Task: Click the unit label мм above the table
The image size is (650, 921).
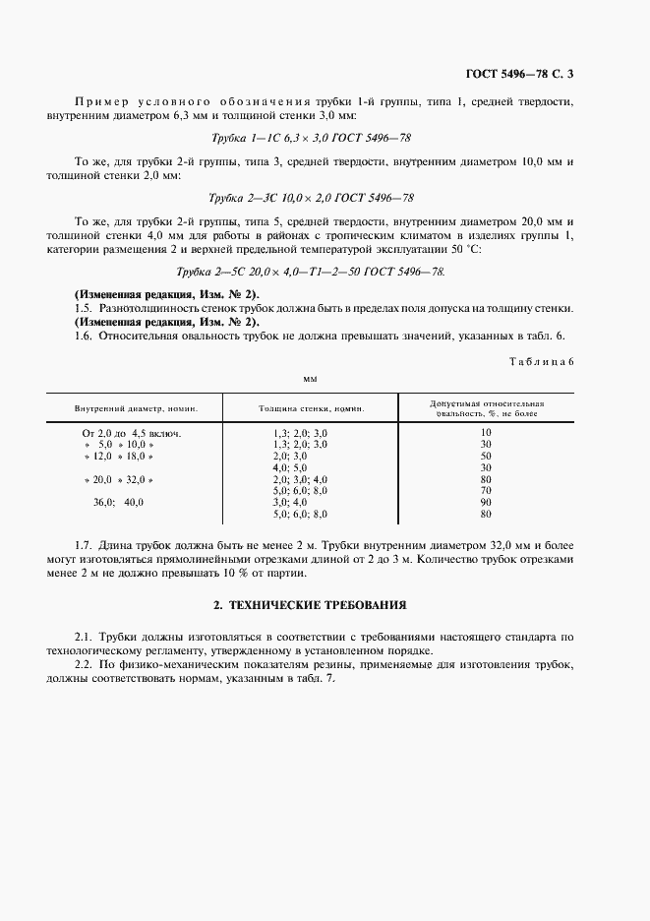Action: click(310, 376)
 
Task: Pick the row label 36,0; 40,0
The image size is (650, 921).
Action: click(118, 502)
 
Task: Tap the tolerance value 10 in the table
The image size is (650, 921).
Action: click(485, 433)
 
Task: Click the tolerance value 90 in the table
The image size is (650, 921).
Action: click(485, 502)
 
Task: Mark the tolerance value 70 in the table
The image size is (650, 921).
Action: click(485, 490)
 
